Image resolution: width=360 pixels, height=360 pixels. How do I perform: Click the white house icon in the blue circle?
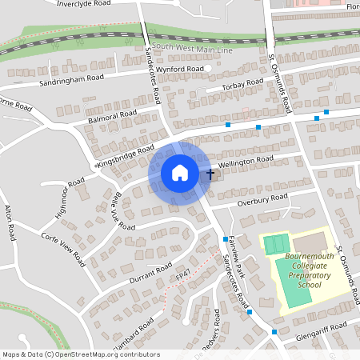point(180,173)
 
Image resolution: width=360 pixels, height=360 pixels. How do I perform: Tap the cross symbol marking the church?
point(210,173)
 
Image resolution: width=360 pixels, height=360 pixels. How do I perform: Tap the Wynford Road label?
point(180,70)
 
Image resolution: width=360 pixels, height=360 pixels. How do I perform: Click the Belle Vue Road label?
point(114,210)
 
